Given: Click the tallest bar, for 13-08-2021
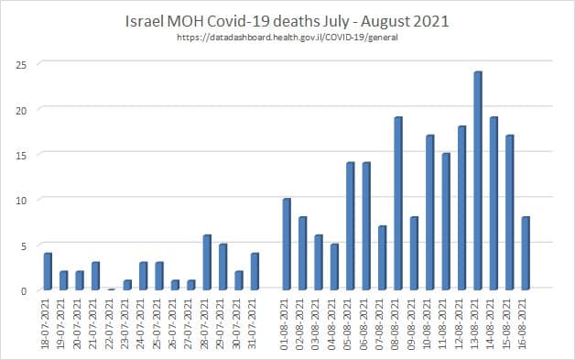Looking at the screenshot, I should [x=478, y=180].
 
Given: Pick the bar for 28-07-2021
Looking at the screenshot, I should [x=207, y=262].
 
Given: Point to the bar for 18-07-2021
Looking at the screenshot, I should [x=48, y=271].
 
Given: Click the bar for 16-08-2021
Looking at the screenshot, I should [x=526, y=253].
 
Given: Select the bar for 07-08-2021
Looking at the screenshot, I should [x=382, y=257].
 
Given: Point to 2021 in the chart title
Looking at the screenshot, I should [x=409, y=20].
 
